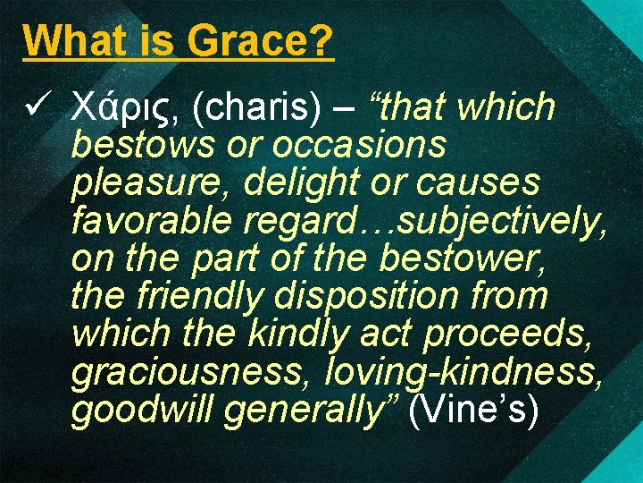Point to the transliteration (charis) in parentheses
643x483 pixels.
pyautogui.click(x=256, y=108)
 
